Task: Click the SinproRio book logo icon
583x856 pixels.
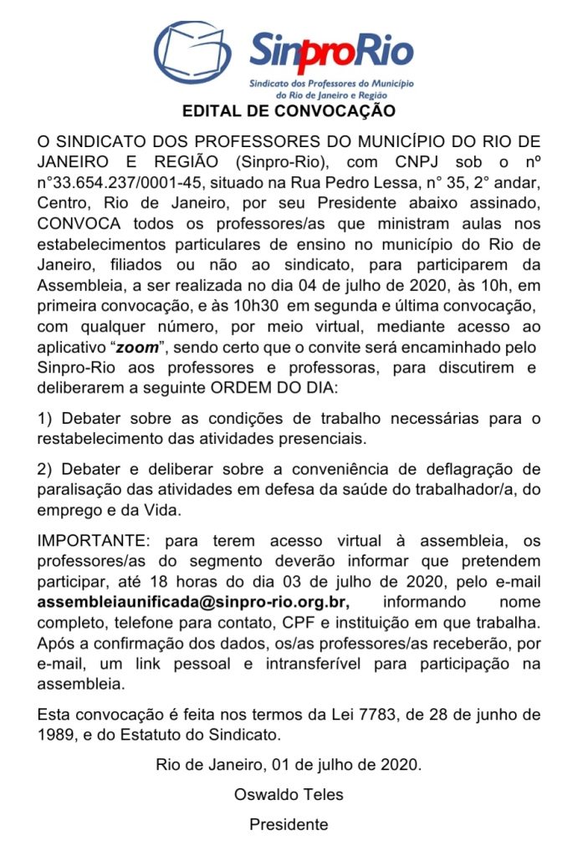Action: tap(194, 53)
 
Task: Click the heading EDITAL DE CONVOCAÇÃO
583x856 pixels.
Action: tap(289, 110)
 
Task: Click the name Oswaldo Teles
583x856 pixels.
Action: tap(289, 794)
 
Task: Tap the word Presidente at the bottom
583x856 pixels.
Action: tap(289, 824)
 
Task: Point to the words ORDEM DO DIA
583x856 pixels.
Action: tap(285, 385)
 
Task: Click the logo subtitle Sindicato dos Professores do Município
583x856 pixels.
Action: tap(333, 84)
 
